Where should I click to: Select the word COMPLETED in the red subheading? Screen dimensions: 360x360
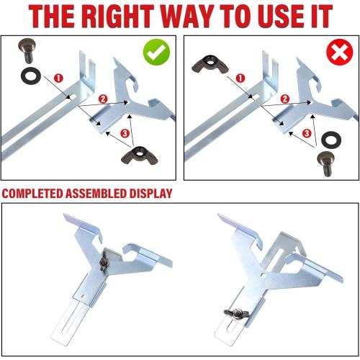pyautogui.click(x=38, y=194)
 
